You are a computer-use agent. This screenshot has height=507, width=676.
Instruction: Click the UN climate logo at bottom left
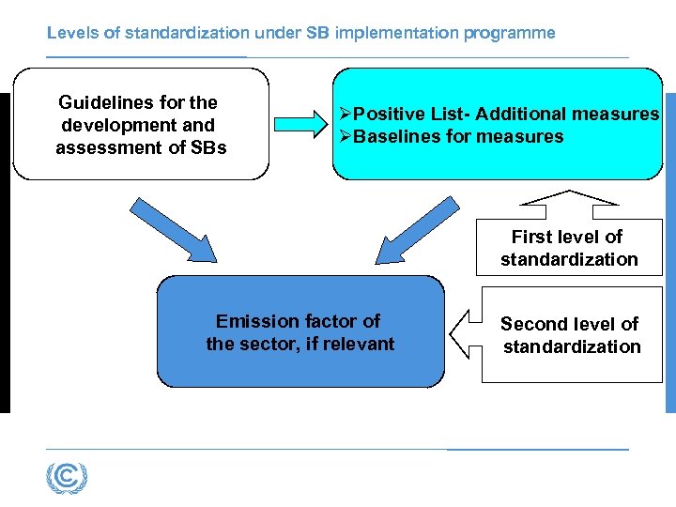[66, 479]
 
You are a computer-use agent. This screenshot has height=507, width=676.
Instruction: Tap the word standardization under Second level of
[572, 346]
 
